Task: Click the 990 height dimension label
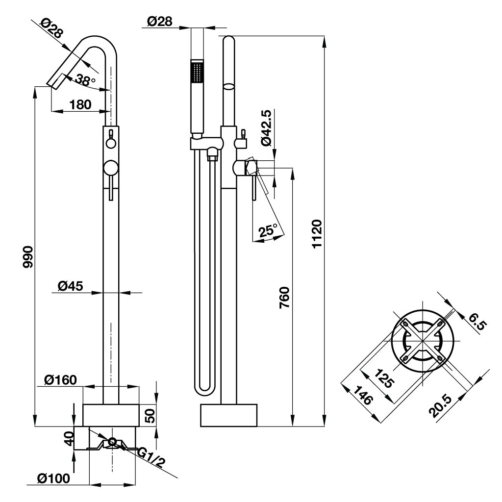28,257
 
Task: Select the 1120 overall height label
317,234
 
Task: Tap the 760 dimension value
284,298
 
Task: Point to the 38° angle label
85,79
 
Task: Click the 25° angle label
268,230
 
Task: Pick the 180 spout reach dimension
80,104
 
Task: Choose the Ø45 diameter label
71,286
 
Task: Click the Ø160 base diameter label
61,380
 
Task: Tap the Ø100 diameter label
53,478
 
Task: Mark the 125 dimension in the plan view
383,378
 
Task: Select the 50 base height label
150,415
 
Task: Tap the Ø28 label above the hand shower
159,22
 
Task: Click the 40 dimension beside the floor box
69,438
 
